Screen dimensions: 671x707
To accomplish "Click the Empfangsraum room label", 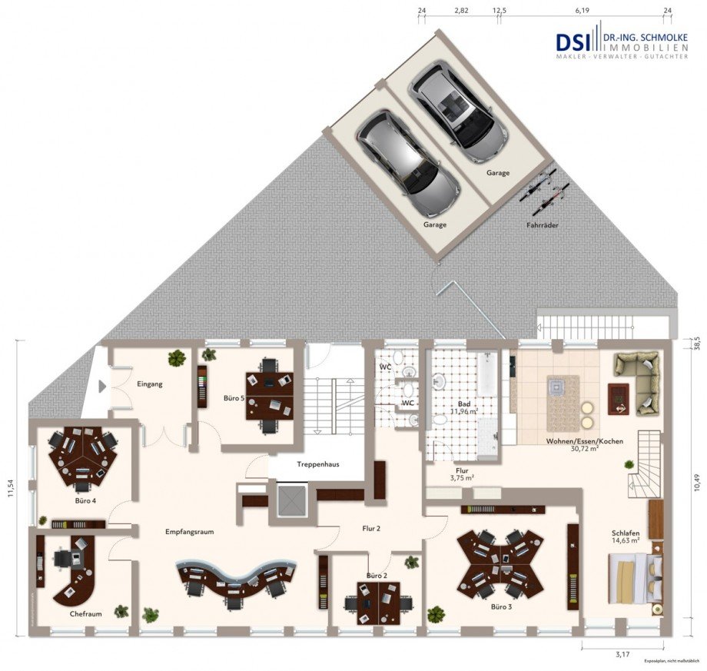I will [188, 531].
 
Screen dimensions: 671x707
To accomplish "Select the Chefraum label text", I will [86, 614].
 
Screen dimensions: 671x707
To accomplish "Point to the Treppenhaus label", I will [319, 464].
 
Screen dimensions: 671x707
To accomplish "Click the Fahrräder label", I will [543, 225].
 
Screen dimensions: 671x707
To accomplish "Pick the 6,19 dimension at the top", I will [582, 11].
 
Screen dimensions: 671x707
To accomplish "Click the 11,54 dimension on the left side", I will [11, 489].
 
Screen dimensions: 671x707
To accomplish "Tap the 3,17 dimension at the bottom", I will [622, 655].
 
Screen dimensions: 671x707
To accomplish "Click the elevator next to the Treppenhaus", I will [293, 500].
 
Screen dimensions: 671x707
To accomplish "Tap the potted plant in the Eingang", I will [178, 357].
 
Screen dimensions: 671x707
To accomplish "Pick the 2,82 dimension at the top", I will [462, 11].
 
